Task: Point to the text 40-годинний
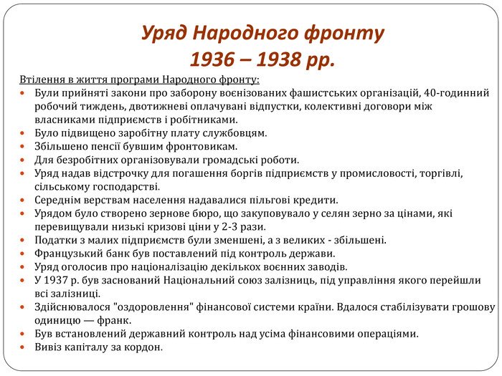pyautogui.click(x=456, y=93)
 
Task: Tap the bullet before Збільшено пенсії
pyautogui.click(x=22, y=147)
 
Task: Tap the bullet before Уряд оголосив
pyautogui.click(x=22, y=267)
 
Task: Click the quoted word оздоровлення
pyautogui.click(x=153, y=307)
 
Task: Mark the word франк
pyautogui.click(x=114, y=320)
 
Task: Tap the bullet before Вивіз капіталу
pyautogui.click(x=22, y=347)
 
